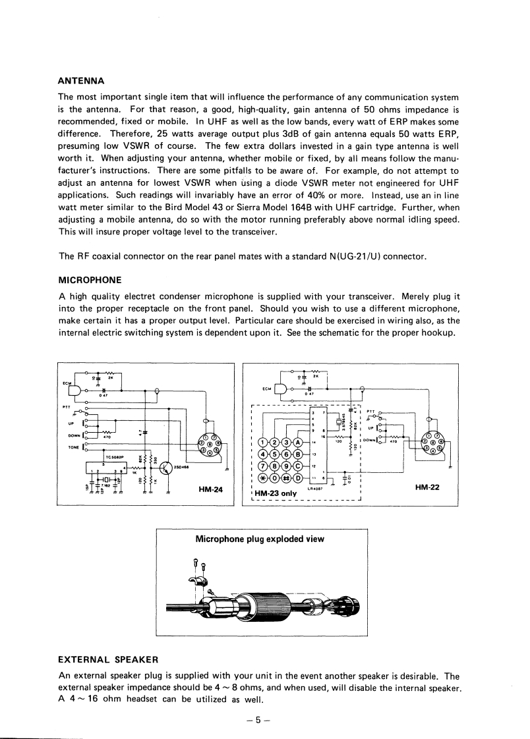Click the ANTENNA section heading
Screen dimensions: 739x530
(82, 82)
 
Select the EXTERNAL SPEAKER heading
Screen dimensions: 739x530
(108, 659)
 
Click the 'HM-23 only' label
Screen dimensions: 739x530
(277, 493)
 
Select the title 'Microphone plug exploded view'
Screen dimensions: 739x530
(260, 539)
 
